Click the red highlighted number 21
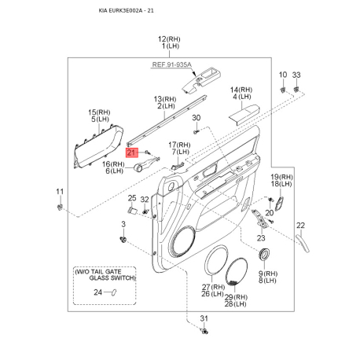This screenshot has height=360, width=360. click(x=132, y=152)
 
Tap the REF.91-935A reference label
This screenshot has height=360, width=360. click(x=171, y=64)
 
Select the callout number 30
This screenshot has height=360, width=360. click(x=197, y=118)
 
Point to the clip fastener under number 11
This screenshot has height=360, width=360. click(x=60, y=208)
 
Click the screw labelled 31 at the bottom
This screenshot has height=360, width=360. click(x=204, y=331)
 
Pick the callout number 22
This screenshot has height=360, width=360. click(x=301, y=226)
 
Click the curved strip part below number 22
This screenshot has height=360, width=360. click(x=303, y=244)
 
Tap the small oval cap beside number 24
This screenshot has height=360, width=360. click(x=114, y=292)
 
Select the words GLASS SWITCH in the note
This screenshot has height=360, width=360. click(x=112, y=278)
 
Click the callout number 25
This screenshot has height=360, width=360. click(x=132, y=198)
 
